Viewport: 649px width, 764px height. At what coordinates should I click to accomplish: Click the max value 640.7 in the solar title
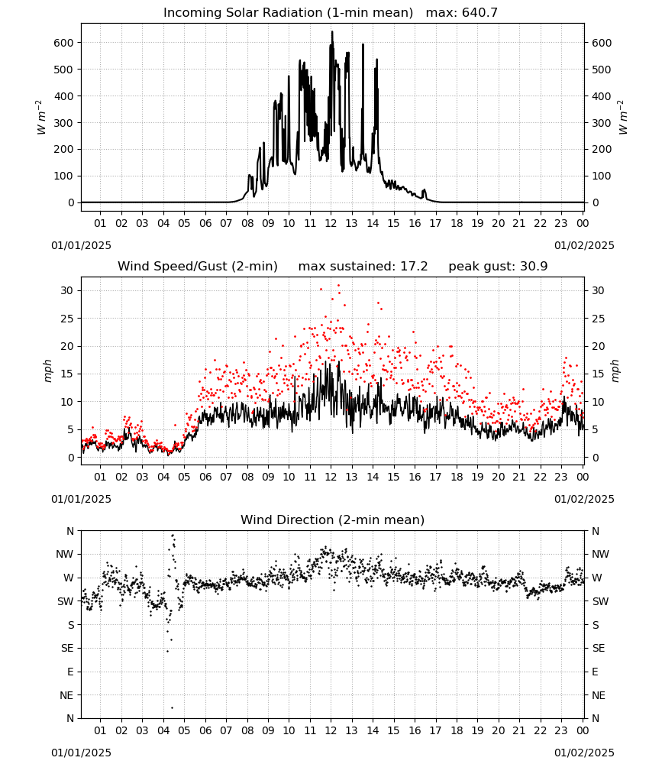click(x=480, y=13)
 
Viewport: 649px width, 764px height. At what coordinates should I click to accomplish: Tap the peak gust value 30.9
click(x=533, y=267)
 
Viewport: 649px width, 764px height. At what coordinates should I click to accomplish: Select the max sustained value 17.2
click(x=414, y=267)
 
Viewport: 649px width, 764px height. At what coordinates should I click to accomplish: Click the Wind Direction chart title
click(x=333, y=520)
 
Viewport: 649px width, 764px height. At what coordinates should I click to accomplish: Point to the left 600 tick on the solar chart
click(x=64, y=43)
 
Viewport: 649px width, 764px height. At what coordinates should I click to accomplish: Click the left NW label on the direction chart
click(x=65, y=555)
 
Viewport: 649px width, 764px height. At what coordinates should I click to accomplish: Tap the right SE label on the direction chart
click(x=599, y=649)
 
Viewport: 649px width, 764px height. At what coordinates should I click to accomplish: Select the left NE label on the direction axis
click(x=67, y=696)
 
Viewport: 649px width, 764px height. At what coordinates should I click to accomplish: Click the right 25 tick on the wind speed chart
click(x=598, y=319)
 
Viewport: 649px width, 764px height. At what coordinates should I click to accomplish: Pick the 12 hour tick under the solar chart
click(x=331, y=223)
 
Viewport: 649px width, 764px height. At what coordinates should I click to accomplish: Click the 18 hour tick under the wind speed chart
click(x=457, y=477)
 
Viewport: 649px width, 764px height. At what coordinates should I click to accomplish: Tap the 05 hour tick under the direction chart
click(x=184, y=730)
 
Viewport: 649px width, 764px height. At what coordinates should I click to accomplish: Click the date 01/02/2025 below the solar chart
click(x=584, y=245)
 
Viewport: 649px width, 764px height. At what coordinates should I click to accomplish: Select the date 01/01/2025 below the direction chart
click(x=81, y=753)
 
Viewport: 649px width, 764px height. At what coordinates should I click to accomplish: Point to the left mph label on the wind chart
click(x=47, y=371)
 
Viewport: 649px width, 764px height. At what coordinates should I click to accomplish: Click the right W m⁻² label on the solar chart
click(x=623, y=118)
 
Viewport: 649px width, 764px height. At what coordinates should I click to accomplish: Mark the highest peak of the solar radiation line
click(x=332, y=31)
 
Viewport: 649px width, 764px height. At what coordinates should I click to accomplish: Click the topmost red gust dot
click(x=339, y=286)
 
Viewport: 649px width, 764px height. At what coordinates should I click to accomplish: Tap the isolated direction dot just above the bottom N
click(x=172, y=707)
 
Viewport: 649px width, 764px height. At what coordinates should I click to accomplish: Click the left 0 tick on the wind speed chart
click(x=71, y=458)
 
